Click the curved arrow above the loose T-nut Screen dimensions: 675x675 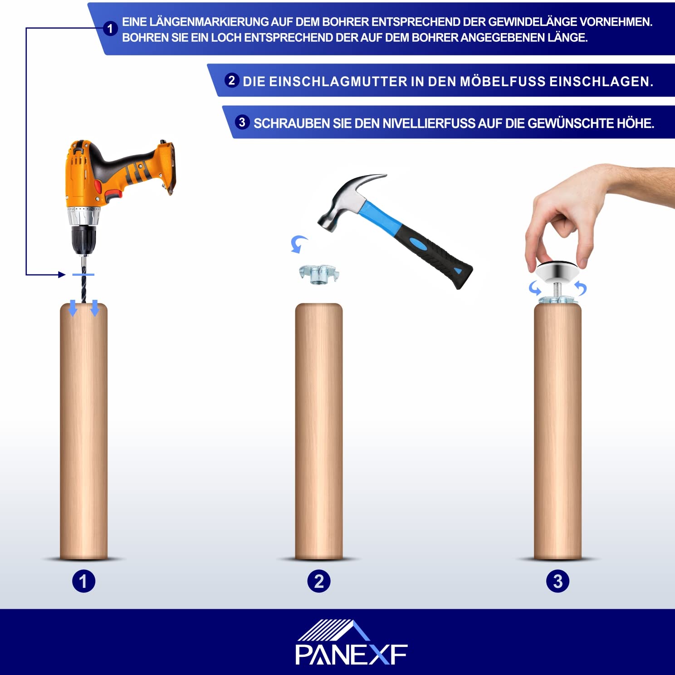pos(298,244)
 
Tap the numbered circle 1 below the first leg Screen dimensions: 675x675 pos(84,581)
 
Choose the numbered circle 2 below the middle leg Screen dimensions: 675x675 pos(319,581)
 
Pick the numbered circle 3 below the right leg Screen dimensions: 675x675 pos(558,581)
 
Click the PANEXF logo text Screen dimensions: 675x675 pos(352,655)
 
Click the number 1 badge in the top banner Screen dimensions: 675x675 pos(110,29)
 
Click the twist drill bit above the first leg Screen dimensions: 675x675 pos(83,279)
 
